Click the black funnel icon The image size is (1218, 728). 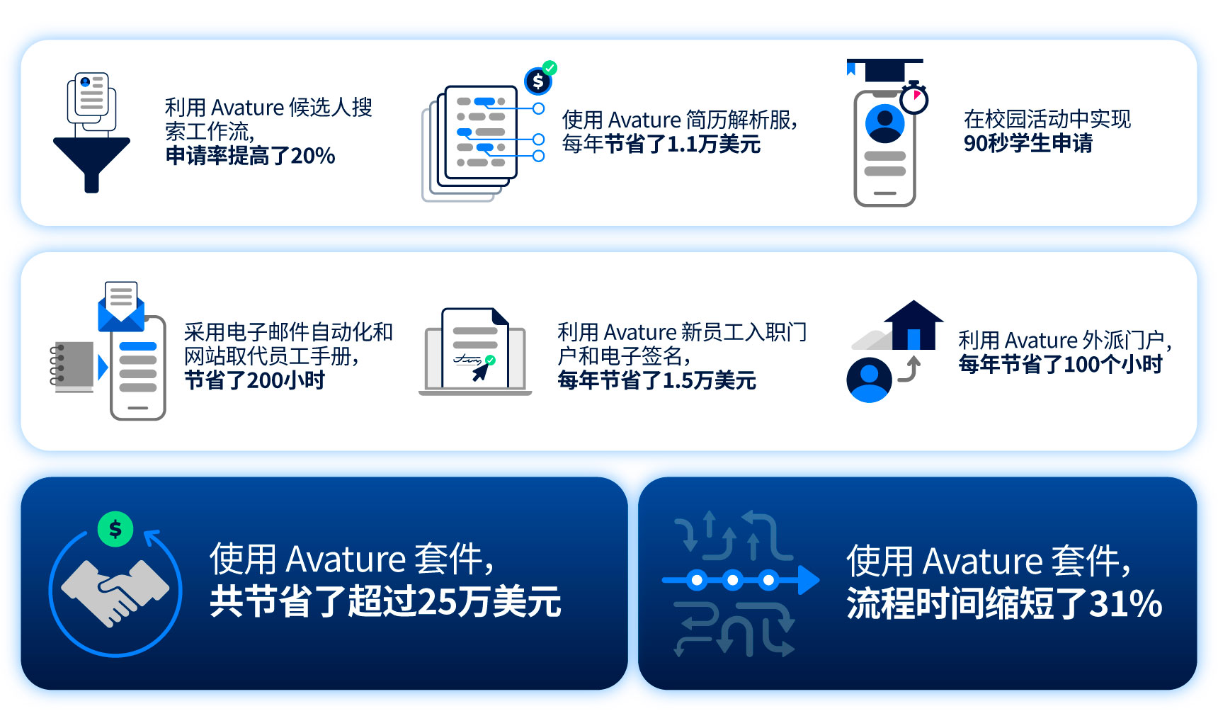[x=91, y=159]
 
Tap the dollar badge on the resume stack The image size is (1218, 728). [x=538, y=81]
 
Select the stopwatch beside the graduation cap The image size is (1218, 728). [x=914, y=98]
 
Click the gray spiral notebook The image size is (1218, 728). [x=72, y=365]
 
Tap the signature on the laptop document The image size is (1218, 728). [x=467, y=360]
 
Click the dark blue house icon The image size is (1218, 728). [x=913, y=325]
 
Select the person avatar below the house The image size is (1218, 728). [x=869, y=380]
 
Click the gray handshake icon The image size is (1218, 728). [x=115, y=592]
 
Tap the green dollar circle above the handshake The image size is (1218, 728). [x=115, y=529]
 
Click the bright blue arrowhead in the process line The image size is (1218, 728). [x=809, y=581]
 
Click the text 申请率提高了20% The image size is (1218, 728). [x=250, y=156]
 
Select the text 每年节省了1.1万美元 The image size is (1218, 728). [x=661, y=144]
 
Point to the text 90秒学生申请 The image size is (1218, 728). [x=1028, y=143]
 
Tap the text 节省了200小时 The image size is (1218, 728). [x=254, y=380]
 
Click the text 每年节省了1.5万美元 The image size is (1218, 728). [x=656, y=380]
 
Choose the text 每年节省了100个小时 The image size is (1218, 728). [x=1060, y=364]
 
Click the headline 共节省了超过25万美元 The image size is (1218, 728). [x=385, y=602]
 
